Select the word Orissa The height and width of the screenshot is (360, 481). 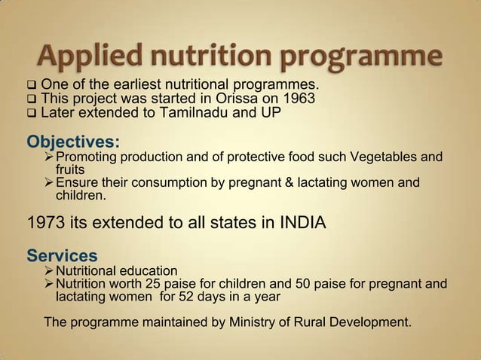coord(234,99)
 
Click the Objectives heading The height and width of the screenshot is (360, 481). coord(76,141)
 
